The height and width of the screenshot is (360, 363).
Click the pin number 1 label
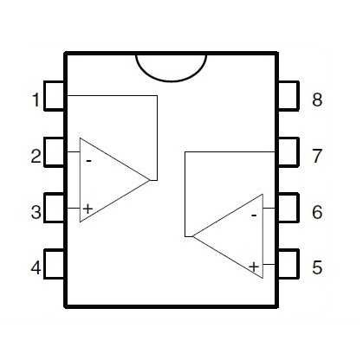pyautogui.click(x=36, y=100)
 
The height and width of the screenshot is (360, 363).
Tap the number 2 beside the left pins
pyautogui.click(x=36, y=156)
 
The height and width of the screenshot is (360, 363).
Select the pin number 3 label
pyautogui.click(x=36, y=212)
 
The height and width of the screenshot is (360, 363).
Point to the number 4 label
pyautogui.click(x=36, y=267)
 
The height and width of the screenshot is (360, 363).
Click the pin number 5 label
pyautogui.click(x=317, y=267)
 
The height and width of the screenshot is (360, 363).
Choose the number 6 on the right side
pyautogui.click(x=317, y=212)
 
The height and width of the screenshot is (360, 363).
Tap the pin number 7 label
pyautogui.click(x=317, y=156)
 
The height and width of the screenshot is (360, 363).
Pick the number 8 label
pyautogui.click(x=317, y=100)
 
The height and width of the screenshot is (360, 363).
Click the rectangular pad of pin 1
pyautogui.click(x=55, y=96)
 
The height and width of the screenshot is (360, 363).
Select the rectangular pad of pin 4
pyautogui.click(x=55, y=264)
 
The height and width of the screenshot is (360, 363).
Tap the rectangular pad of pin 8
pyautogui.click(x=288, y=96)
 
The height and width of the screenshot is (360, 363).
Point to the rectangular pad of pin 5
pyautogui.click(x=288, y=264)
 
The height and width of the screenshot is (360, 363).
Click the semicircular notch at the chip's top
pyautogui.click(x=172, y=79)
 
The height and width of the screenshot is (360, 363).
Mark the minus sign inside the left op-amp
pyautogui.click(x=88, y=161)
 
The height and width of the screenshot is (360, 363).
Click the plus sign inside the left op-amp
pyautogui.click(x=88, y=209)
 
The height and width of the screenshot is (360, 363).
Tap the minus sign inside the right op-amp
pyautogui.click(x=254, y=215)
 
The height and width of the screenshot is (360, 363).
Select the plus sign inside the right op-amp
pyautogui.click(x=254, y=267)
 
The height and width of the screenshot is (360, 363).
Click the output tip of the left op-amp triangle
pyautogui.click(x=150, y=180)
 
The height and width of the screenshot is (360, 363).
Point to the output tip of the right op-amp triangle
pyautogui.click(x=192, y=236)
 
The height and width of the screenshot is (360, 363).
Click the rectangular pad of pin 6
pyautogui.click(x=288, y=208)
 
